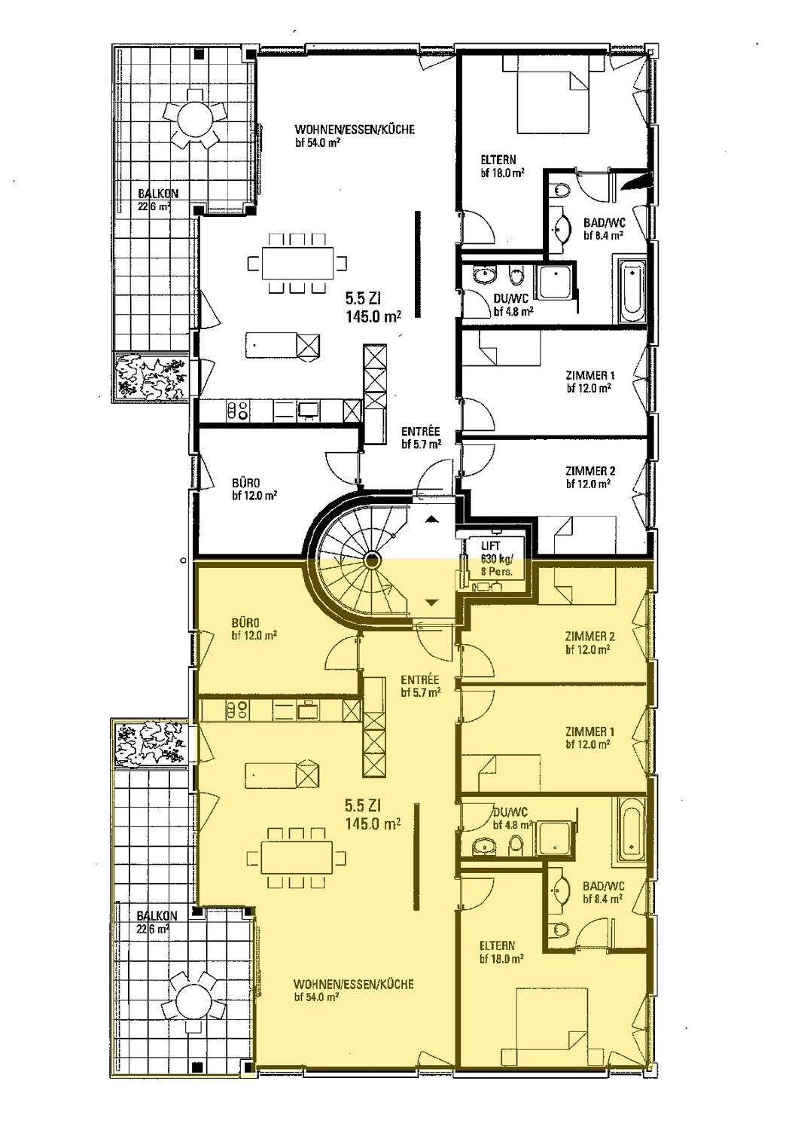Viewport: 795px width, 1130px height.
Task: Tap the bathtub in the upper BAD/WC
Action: click(x=630, y=289)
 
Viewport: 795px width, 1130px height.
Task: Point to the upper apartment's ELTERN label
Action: click(x=498, y=160)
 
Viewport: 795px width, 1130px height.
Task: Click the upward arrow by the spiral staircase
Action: click(x=432, y=519)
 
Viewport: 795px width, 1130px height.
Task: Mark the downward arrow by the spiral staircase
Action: click(x=432, y=602)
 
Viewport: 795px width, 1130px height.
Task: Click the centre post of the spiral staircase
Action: click(x=372, y=560)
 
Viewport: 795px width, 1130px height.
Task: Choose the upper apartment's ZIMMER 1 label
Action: click(x=589, y=375)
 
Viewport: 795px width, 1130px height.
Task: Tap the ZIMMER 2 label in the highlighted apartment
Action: click(x=589, y=636)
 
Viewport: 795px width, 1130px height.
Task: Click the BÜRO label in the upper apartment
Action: click(x=246, y=482)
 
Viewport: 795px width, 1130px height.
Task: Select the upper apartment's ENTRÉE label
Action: click(x=420, y=432)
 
